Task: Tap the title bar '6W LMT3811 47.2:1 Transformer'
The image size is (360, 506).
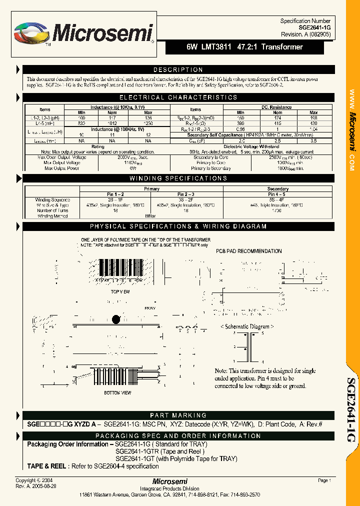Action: click(x=245, y=47)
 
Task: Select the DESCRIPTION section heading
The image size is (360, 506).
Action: click(x=178, y=70)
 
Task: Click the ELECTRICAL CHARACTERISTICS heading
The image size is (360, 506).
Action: click(x=178, y=97)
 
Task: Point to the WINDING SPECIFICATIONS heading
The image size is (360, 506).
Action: click(x=178, y=178)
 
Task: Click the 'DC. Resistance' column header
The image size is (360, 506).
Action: click(x=277, y=107)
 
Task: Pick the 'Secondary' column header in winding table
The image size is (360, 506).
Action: click(x=277, y=189)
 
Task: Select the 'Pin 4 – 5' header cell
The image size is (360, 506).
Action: click(x=277, y=194)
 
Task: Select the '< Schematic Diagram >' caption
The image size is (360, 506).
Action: click(x=246, y=326)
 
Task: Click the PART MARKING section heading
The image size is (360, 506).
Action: click(x=178, y=415)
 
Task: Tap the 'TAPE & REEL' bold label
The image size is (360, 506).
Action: click(x=46, y=466)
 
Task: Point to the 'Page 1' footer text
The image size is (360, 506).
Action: click(x=324, y=480)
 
